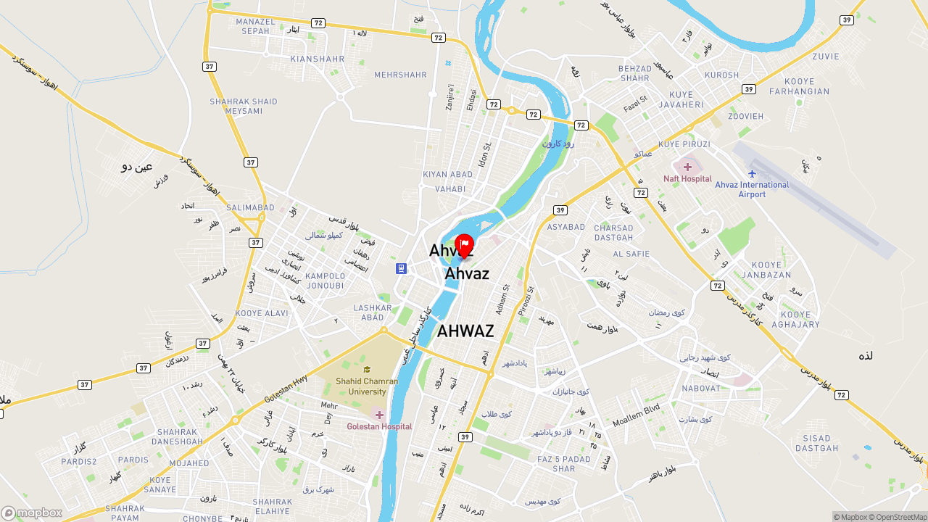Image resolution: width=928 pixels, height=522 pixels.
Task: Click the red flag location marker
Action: point(464,245)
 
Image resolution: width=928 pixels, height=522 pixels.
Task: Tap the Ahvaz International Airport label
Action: point(752,189)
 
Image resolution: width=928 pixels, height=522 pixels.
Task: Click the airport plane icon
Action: point(752,173)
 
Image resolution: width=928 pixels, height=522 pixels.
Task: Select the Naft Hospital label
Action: point(687,178)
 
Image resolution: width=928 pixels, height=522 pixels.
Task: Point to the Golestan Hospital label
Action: point(379,426)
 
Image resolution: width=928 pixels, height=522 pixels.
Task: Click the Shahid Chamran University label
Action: point(367,386)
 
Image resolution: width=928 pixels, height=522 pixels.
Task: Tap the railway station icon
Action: point(401,268)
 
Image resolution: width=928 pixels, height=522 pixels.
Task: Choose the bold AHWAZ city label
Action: point(465,331)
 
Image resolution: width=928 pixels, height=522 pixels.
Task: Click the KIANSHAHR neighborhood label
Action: point(317,59)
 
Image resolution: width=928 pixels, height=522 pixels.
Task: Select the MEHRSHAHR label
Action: point(400,75)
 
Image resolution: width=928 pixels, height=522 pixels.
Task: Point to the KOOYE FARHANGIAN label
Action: point(799,86)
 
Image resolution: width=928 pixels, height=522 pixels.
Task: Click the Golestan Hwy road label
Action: point(286,391)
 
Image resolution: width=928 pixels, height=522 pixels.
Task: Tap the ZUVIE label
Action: point(826,57)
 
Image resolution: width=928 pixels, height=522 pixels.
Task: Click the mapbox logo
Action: point(32,513)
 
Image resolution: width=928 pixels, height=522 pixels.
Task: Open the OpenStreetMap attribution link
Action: point(901,517)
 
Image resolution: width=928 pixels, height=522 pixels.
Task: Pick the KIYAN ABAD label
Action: point(447,175)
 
